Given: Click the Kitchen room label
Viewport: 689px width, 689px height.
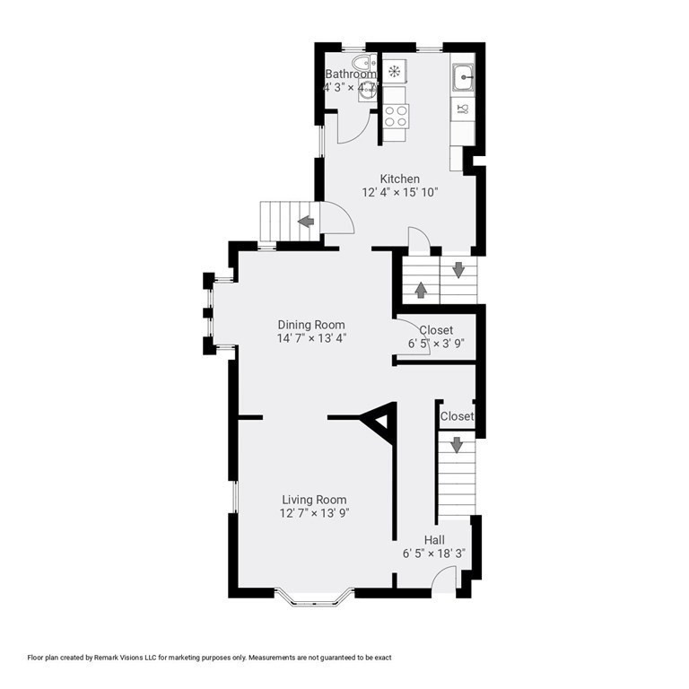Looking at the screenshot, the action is point(399,179).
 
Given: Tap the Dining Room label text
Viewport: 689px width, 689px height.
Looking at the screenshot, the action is point(311,325).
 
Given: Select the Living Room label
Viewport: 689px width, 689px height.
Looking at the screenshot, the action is point(314,500).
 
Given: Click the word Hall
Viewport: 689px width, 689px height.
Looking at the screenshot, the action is point(434,540).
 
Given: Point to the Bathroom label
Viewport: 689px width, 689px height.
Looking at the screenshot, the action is point(351,74).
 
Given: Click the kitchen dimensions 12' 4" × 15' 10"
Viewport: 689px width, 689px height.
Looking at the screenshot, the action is point(400,193).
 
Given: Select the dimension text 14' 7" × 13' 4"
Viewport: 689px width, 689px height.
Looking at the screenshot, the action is point(311,338).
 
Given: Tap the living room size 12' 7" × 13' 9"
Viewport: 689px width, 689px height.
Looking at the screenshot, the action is point(314,513).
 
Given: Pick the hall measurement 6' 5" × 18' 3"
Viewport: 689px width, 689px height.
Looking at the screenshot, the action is point(434,554).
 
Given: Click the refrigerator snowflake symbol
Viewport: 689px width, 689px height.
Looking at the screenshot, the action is point(394,70).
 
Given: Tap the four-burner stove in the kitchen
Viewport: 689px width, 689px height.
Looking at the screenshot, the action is point(396,117).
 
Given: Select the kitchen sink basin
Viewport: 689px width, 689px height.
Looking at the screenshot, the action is point(463,78).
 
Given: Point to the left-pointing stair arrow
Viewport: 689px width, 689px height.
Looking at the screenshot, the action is point(306,221).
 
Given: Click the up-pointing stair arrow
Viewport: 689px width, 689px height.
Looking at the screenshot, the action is point(421,290).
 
